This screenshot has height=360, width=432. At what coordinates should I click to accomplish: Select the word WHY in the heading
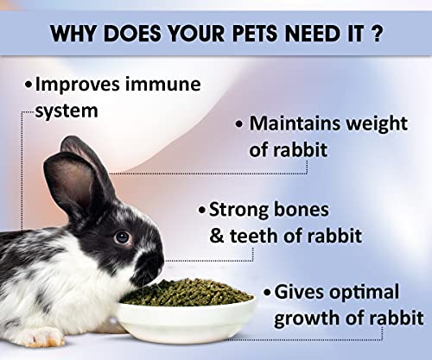pyautogui.click(x=77, y=37)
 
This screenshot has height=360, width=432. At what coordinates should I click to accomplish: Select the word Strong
pyautogui.click(x=240, y=210)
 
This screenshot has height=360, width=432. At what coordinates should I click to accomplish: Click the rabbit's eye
pyautogui.click(x=122, y=236)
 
